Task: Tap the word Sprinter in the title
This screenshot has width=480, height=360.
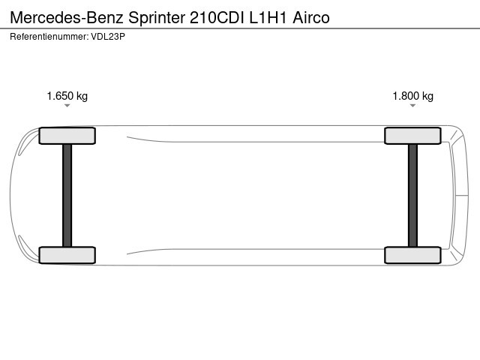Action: (157, 18)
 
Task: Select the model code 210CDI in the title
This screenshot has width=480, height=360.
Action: (217, 18)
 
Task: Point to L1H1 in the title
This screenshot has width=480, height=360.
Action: (268, 18)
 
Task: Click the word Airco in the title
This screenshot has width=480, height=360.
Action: (311, 18)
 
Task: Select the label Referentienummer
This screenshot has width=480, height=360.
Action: (49, 37)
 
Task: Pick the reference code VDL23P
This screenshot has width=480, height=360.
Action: (108, 37)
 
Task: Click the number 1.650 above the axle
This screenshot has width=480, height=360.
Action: (60, 96)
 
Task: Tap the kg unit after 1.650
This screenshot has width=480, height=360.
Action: (82, 97)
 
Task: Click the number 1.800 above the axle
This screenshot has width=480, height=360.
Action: (406, 96)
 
